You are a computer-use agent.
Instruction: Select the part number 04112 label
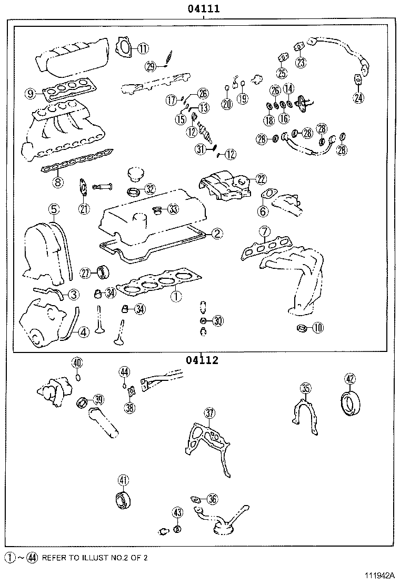(x=202, y=360)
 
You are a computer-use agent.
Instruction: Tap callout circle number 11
(x=143, y=48)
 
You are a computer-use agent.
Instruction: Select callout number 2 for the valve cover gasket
(x=217, y=234)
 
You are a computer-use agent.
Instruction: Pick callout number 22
(x=262, y=179)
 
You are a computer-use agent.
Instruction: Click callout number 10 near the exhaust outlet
(x=317, y=328)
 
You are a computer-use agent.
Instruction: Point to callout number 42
(x=350, y=378)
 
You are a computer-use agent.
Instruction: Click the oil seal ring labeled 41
(x=122, y=499)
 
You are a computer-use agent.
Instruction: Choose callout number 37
(x=209, y=414)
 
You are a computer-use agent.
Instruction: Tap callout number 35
(x=306, y=389)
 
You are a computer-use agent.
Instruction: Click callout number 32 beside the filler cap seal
(x=150, y=189)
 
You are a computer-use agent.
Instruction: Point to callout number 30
(x=217, y=320)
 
